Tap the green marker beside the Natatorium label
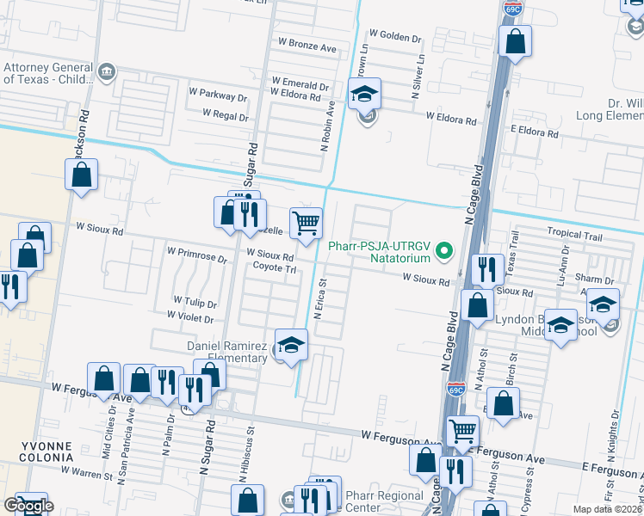[444, 251]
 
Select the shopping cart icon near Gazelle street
[306, 224]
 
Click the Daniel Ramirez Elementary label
[227, 352]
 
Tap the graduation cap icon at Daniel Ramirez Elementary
[292, 345]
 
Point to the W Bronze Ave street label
[307, 47]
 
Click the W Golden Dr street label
[395, 37]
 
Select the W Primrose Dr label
[197, 256]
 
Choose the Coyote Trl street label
[274, 267]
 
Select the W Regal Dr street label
[226, 113]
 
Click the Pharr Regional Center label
[384, 501]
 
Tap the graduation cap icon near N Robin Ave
[365, 95]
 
